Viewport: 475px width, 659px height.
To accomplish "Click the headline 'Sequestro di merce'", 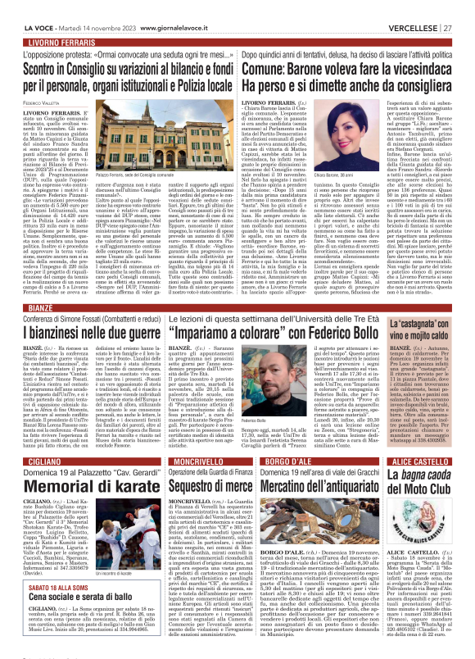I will pyautogui.click(x=202, y=489).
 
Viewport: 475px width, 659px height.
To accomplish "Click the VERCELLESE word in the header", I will pyautogui.click(x=415, y=7).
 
